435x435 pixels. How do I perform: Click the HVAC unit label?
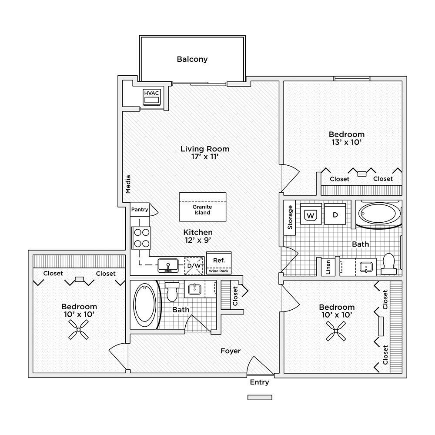pos(151,93)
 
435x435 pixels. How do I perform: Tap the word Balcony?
pos(192,59)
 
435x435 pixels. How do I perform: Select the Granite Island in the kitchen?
pos(202,207)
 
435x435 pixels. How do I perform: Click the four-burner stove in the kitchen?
pos(141,238)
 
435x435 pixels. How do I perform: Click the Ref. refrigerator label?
pos(218,260)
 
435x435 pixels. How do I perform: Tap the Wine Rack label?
pos(218,271)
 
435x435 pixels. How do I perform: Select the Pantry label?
pos(140,210)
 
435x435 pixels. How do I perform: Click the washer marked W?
pos(310,215)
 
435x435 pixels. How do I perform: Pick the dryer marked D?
pos(335,215)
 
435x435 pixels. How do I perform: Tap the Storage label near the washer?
pos(290,217)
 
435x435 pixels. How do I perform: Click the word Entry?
pos(260,382)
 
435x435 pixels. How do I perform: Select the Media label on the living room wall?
pos(128,184)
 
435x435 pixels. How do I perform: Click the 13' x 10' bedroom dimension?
pos(346,142)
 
